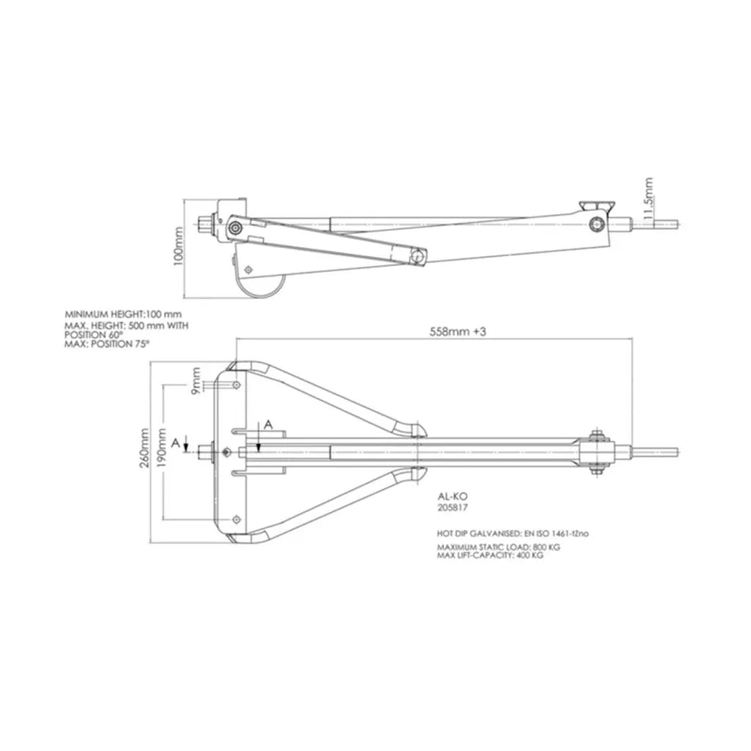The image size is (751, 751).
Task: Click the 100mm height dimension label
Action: [x=178, y=246]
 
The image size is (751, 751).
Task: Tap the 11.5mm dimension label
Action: [x=648, y=199]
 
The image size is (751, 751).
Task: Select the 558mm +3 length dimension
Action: [x=458, y=331]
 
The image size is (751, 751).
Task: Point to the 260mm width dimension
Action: [x=144, y=449]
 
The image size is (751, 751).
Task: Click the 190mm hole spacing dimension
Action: [x=162, y=449]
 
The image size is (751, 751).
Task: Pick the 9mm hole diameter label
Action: [x=195, y=381]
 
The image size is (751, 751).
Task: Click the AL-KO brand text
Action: [x=453, y=497]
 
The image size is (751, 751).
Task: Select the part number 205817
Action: [x=453, y=508]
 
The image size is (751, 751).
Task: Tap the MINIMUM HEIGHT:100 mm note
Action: [x=123, y=315]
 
